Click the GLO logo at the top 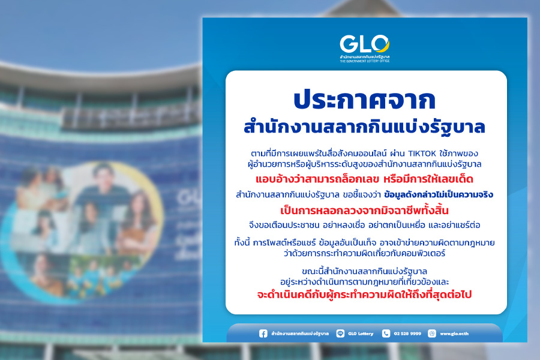coord(365,48)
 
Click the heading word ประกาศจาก coord(365,100)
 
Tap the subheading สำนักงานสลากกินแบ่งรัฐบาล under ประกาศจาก coord(365,127)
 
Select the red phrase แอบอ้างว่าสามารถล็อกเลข coord(317,179)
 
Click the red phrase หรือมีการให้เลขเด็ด coord(428,179)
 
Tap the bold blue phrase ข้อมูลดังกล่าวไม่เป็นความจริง coord(439,194)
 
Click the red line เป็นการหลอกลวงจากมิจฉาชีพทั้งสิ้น coord(365,210)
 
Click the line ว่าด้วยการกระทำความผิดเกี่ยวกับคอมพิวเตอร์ coord(365,254)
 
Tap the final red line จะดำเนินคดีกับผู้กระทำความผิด coord(365,295)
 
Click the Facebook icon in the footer coord(263,334)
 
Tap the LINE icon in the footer coord(340,334)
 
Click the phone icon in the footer coord(386,334)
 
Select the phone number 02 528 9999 coord(407,334)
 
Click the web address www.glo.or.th coord(454,334)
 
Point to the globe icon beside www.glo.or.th coord(432,334)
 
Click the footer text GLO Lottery coord(361,334)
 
